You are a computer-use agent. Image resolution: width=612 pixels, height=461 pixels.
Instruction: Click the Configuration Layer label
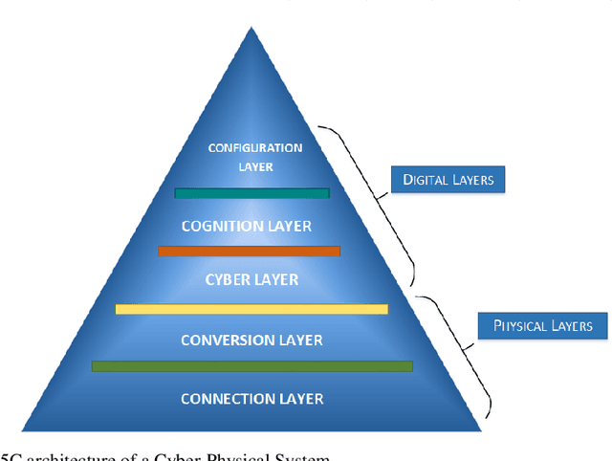(254, 157)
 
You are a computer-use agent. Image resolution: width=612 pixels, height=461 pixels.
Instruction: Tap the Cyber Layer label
(252, 279)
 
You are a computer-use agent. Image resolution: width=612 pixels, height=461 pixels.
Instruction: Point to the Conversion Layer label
(252, 340)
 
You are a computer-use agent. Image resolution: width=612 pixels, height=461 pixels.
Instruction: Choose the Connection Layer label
(252, 398)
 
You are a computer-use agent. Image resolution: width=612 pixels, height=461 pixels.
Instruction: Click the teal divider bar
(252, 193)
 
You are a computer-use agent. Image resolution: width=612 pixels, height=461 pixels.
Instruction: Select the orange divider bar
(249, 252)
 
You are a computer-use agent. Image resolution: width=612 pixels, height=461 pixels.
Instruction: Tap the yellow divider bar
(251, 309)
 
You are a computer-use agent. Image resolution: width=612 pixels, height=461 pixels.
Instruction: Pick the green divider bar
(252, 366)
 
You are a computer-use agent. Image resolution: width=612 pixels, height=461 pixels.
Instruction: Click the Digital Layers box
(447, 179)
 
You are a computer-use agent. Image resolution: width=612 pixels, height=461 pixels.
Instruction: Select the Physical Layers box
(543, 326)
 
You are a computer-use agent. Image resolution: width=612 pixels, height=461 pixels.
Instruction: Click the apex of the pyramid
(251, 29)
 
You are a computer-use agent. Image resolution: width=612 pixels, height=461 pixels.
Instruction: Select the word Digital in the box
(424, 179)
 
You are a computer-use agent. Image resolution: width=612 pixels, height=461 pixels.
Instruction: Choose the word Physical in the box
(520, 326)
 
